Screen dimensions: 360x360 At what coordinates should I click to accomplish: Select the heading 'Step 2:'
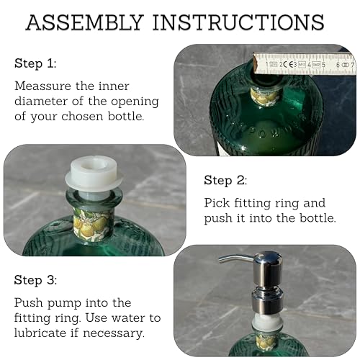[x=225, y=180]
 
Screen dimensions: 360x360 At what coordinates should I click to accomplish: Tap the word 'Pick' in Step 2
[x=217, y=203]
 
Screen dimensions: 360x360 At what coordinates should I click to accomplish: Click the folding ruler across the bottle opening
[x=310, y=63]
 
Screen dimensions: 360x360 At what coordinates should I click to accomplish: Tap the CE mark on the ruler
[x=289, y=65]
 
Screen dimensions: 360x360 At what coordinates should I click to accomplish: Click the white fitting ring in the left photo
[x=93, y=176]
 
